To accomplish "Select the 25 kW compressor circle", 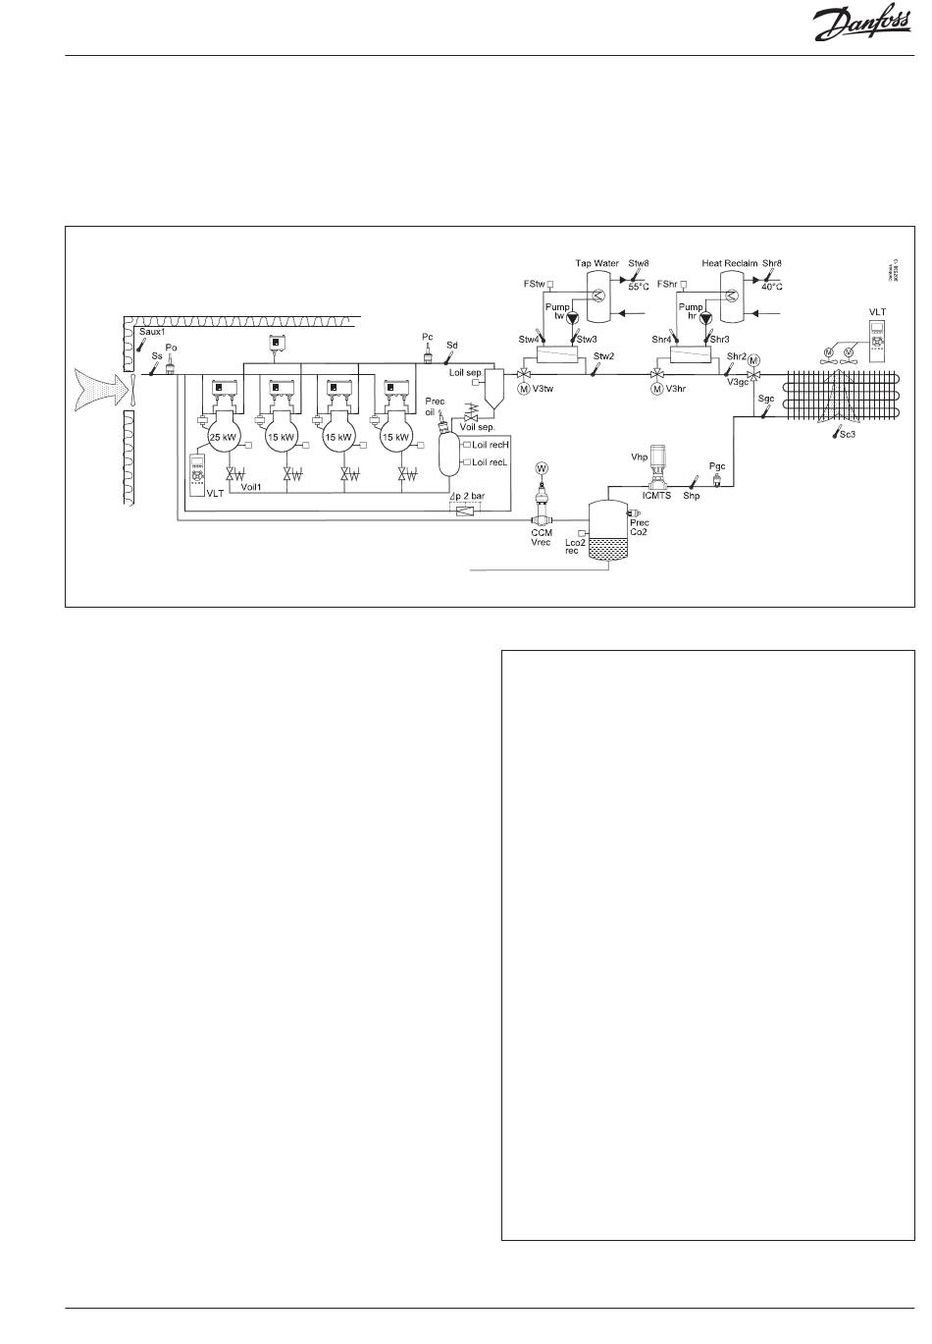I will tap(226, 436).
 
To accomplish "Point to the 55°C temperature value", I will tap(639, 287).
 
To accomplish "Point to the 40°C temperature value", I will tap(772, 287).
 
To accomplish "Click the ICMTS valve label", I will tap(657, 496).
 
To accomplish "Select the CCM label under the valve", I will tap(542, 532).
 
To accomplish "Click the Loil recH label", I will tap(491, 445).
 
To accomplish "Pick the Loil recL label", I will tap(490, 461).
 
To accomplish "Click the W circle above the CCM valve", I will tap(541, 467).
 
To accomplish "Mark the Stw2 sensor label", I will tap(603, 355).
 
